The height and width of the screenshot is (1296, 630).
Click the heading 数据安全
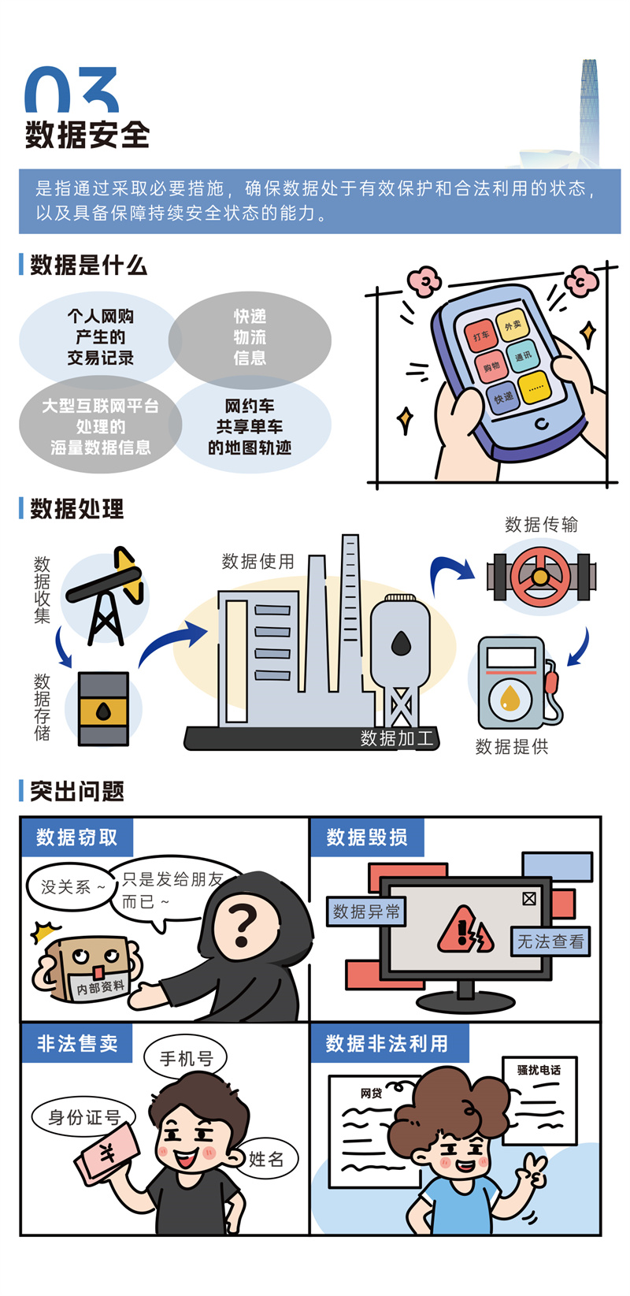click(x=87, y=135)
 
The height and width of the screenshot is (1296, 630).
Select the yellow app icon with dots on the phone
click(x=535, y=387)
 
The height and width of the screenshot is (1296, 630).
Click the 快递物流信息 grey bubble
click(x=250, y=337)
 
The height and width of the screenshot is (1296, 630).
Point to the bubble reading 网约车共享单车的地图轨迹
click(x=250, y=427)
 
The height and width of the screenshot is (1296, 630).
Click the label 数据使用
click(x=258, y=562)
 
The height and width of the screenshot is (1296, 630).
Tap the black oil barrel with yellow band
click(x=103, y=709)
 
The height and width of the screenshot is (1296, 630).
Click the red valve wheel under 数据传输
click(x=539, y=576)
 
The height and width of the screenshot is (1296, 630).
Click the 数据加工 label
click(x=397, y=738)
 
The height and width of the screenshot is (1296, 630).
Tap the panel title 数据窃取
click(x=76, y=837)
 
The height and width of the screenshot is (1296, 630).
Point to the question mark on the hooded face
click(x=242, y=923)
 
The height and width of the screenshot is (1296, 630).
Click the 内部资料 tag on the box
click(x=100, y=987)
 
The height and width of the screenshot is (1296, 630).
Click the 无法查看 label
click(x=550, y=941)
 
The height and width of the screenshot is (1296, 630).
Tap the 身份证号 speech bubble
click(x=84, y=1117)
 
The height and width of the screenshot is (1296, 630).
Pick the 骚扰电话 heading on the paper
click(x=539, y=1070)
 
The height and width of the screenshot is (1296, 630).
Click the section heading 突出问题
click(x=77, y=791)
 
